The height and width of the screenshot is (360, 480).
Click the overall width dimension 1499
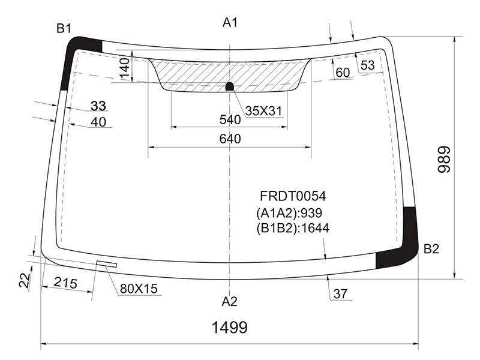(x=230, y=327)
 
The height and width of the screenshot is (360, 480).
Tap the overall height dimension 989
(x=444, y=160)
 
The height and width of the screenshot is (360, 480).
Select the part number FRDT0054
(x=293, y=196)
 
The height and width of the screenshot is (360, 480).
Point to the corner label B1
(x=64, y=28)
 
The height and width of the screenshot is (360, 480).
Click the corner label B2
(x=431, y=249)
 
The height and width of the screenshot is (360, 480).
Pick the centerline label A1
(x=230, y=22)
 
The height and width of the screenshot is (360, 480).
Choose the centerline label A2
(x=229, y=302)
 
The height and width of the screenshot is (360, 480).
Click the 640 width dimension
(x=230, y=139)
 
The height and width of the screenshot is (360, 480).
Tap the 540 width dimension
(x=230, y=119)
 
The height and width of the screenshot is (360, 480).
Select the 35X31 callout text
(x=263, y=111)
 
